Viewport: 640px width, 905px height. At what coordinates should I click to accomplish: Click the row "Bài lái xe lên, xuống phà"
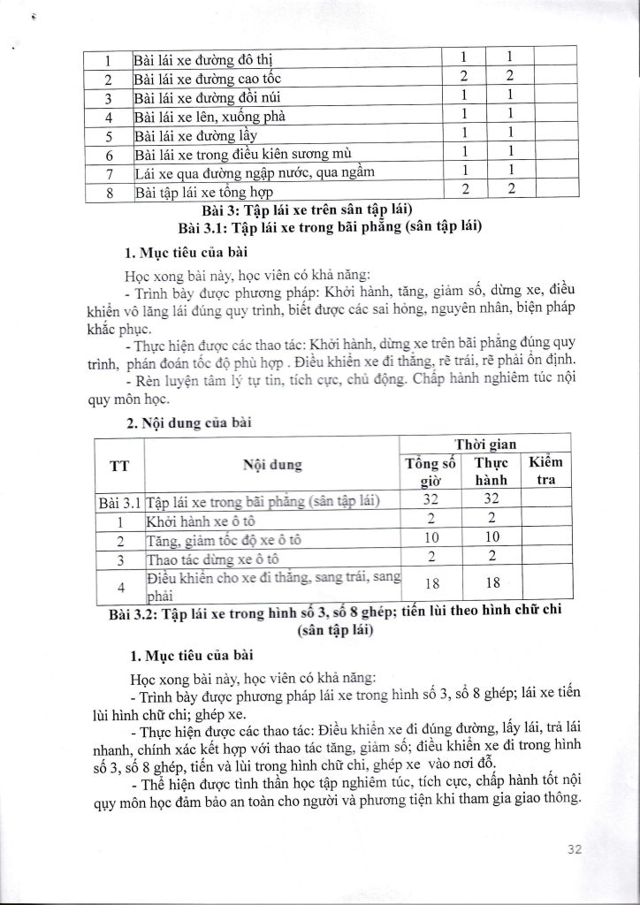tap(209, 114)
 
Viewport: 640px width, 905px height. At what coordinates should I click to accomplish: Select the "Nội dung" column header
tap(272, 464)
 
